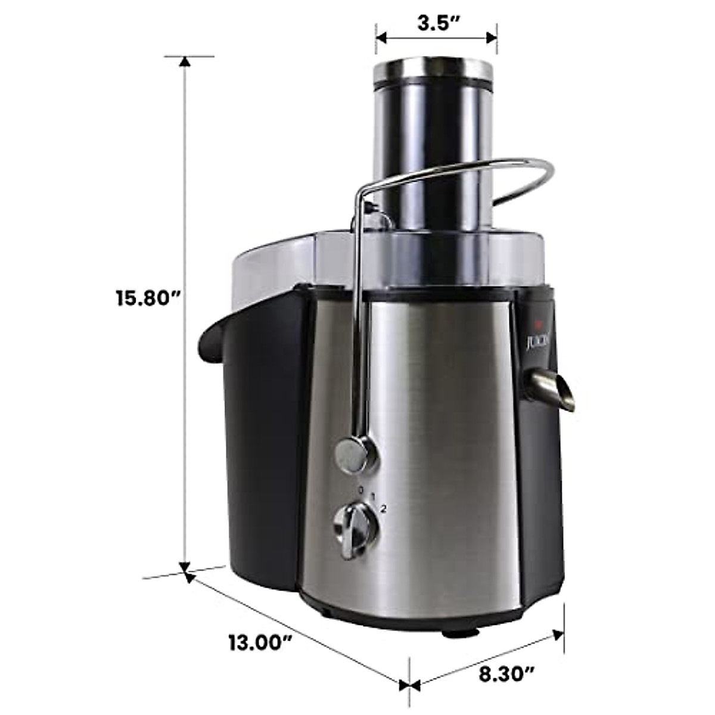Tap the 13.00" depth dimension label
[261, 643]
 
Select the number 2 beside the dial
[384, 508]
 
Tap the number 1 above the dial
[373, 496]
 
